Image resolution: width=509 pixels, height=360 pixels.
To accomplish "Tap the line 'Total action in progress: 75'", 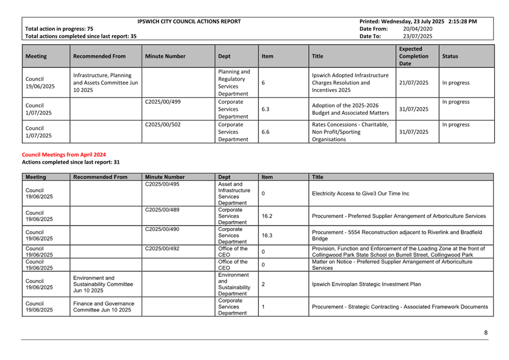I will (59, 29).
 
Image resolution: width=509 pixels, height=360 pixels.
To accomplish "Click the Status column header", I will (450, 56).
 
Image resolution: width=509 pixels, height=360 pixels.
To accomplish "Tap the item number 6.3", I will (266, 109).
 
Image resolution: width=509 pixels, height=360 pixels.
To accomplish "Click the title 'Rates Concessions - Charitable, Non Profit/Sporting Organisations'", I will (350, 132).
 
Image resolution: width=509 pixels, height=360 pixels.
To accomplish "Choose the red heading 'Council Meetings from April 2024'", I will (63, 155).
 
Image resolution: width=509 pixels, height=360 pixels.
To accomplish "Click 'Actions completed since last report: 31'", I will (71, 162).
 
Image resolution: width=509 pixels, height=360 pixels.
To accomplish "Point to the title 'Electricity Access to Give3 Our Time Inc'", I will (360, 194).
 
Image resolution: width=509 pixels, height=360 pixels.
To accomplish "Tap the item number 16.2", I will (267, 216).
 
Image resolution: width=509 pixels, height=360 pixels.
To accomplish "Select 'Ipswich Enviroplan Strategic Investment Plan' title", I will (366, 284).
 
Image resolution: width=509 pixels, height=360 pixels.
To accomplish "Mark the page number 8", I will (486, 332).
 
